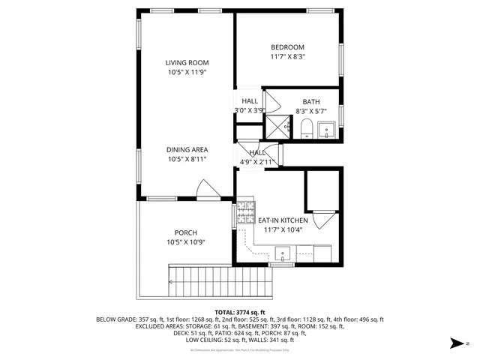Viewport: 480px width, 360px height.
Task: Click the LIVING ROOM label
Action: click(x=187, y=63)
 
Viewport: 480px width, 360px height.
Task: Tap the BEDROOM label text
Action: click(x=287, y=47)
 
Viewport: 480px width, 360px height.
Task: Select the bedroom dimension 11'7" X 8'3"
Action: click(x=287, y=57)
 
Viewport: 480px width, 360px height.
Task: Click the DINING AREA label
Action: click(x=187, y=149)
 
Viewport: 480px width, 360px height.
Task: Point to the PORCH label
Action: click(x=186, y=232)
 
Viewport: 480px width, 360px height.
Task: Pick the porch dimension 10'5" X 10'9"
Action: click(x=186, y=242)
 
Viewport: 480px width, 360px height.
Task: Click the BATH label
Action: click(x=310, y=102)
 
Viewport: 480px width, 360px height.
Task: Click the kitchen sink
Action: click(x=283, y=252)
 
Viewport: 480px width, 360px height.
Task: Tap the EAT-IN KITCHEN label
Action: click(x=283, y=220)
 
